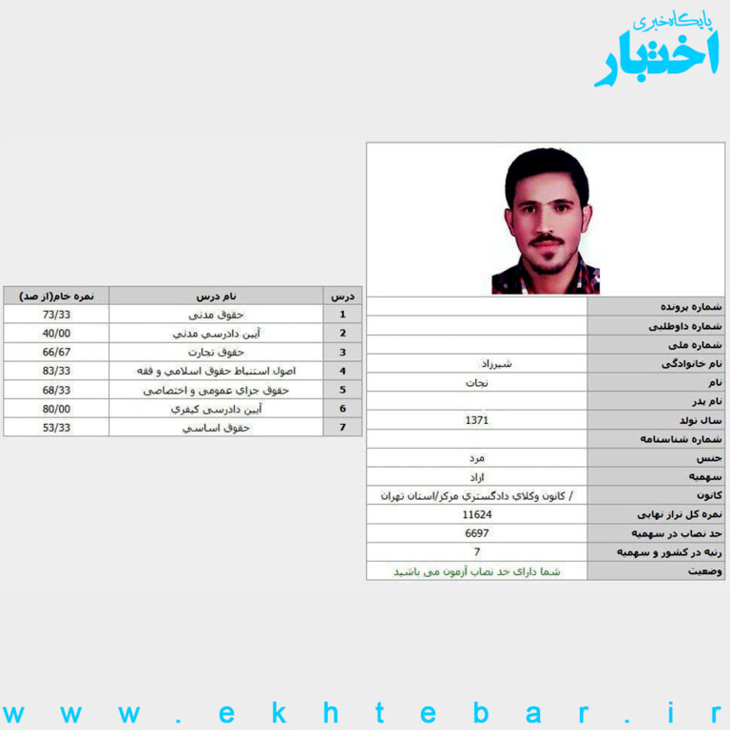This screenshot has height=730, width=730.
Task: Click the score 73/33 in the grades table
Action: pos(56,314)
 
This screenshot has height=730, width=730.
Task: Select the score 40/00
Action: pos(56,333)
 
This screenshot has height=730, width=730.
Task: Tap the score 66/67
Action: pos(56,352)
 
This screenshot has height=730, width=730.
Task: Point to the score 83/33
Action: pos(56,371)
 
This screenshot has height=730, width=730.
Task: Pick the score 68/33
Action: pos(56,390)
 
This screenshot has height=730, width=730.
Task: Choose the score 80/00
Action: pos(56,409)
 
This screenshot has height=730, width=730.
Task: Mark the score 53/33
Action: pos(56,428)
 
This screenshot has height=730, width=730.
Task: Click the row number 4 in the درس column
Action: pos(342,371)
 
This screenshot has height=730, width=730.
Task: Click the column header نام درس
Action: pos(217,296)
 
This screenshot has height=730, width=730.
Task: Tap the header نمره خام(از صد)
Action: pos(56,296)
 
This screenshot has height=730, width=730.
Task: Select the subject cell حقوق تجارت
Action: pos(217,352)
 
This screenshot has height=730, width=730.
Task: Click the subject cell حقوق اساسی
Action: pos(217,428)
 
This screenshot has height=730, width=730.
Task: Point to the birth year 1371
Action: pos(476,419)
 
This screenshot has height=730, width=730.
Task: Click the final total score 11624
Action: pos(476,514)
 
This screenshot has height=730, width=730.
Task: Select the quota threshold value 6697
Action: pos(476,533)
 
